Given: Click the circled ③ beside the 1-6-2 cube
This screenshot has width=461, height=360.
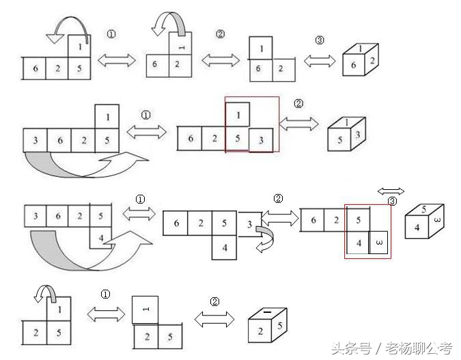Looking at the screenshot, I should [320, 40].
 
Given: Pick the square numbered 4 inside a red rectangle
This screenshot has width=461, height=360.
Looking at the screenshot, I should [358, 243].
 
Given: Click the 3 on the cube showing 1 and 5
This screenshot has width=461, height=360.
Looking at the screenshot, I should [357, 135].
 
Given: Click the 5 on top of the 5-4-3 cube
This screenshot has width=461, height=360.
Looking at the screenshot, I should [424, 209].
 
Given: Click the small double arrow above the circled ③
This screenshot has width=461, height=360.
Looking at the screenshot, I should [391, 191].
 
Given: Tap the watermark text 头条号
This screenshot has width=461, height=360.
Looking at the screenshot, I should [351, 348].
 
